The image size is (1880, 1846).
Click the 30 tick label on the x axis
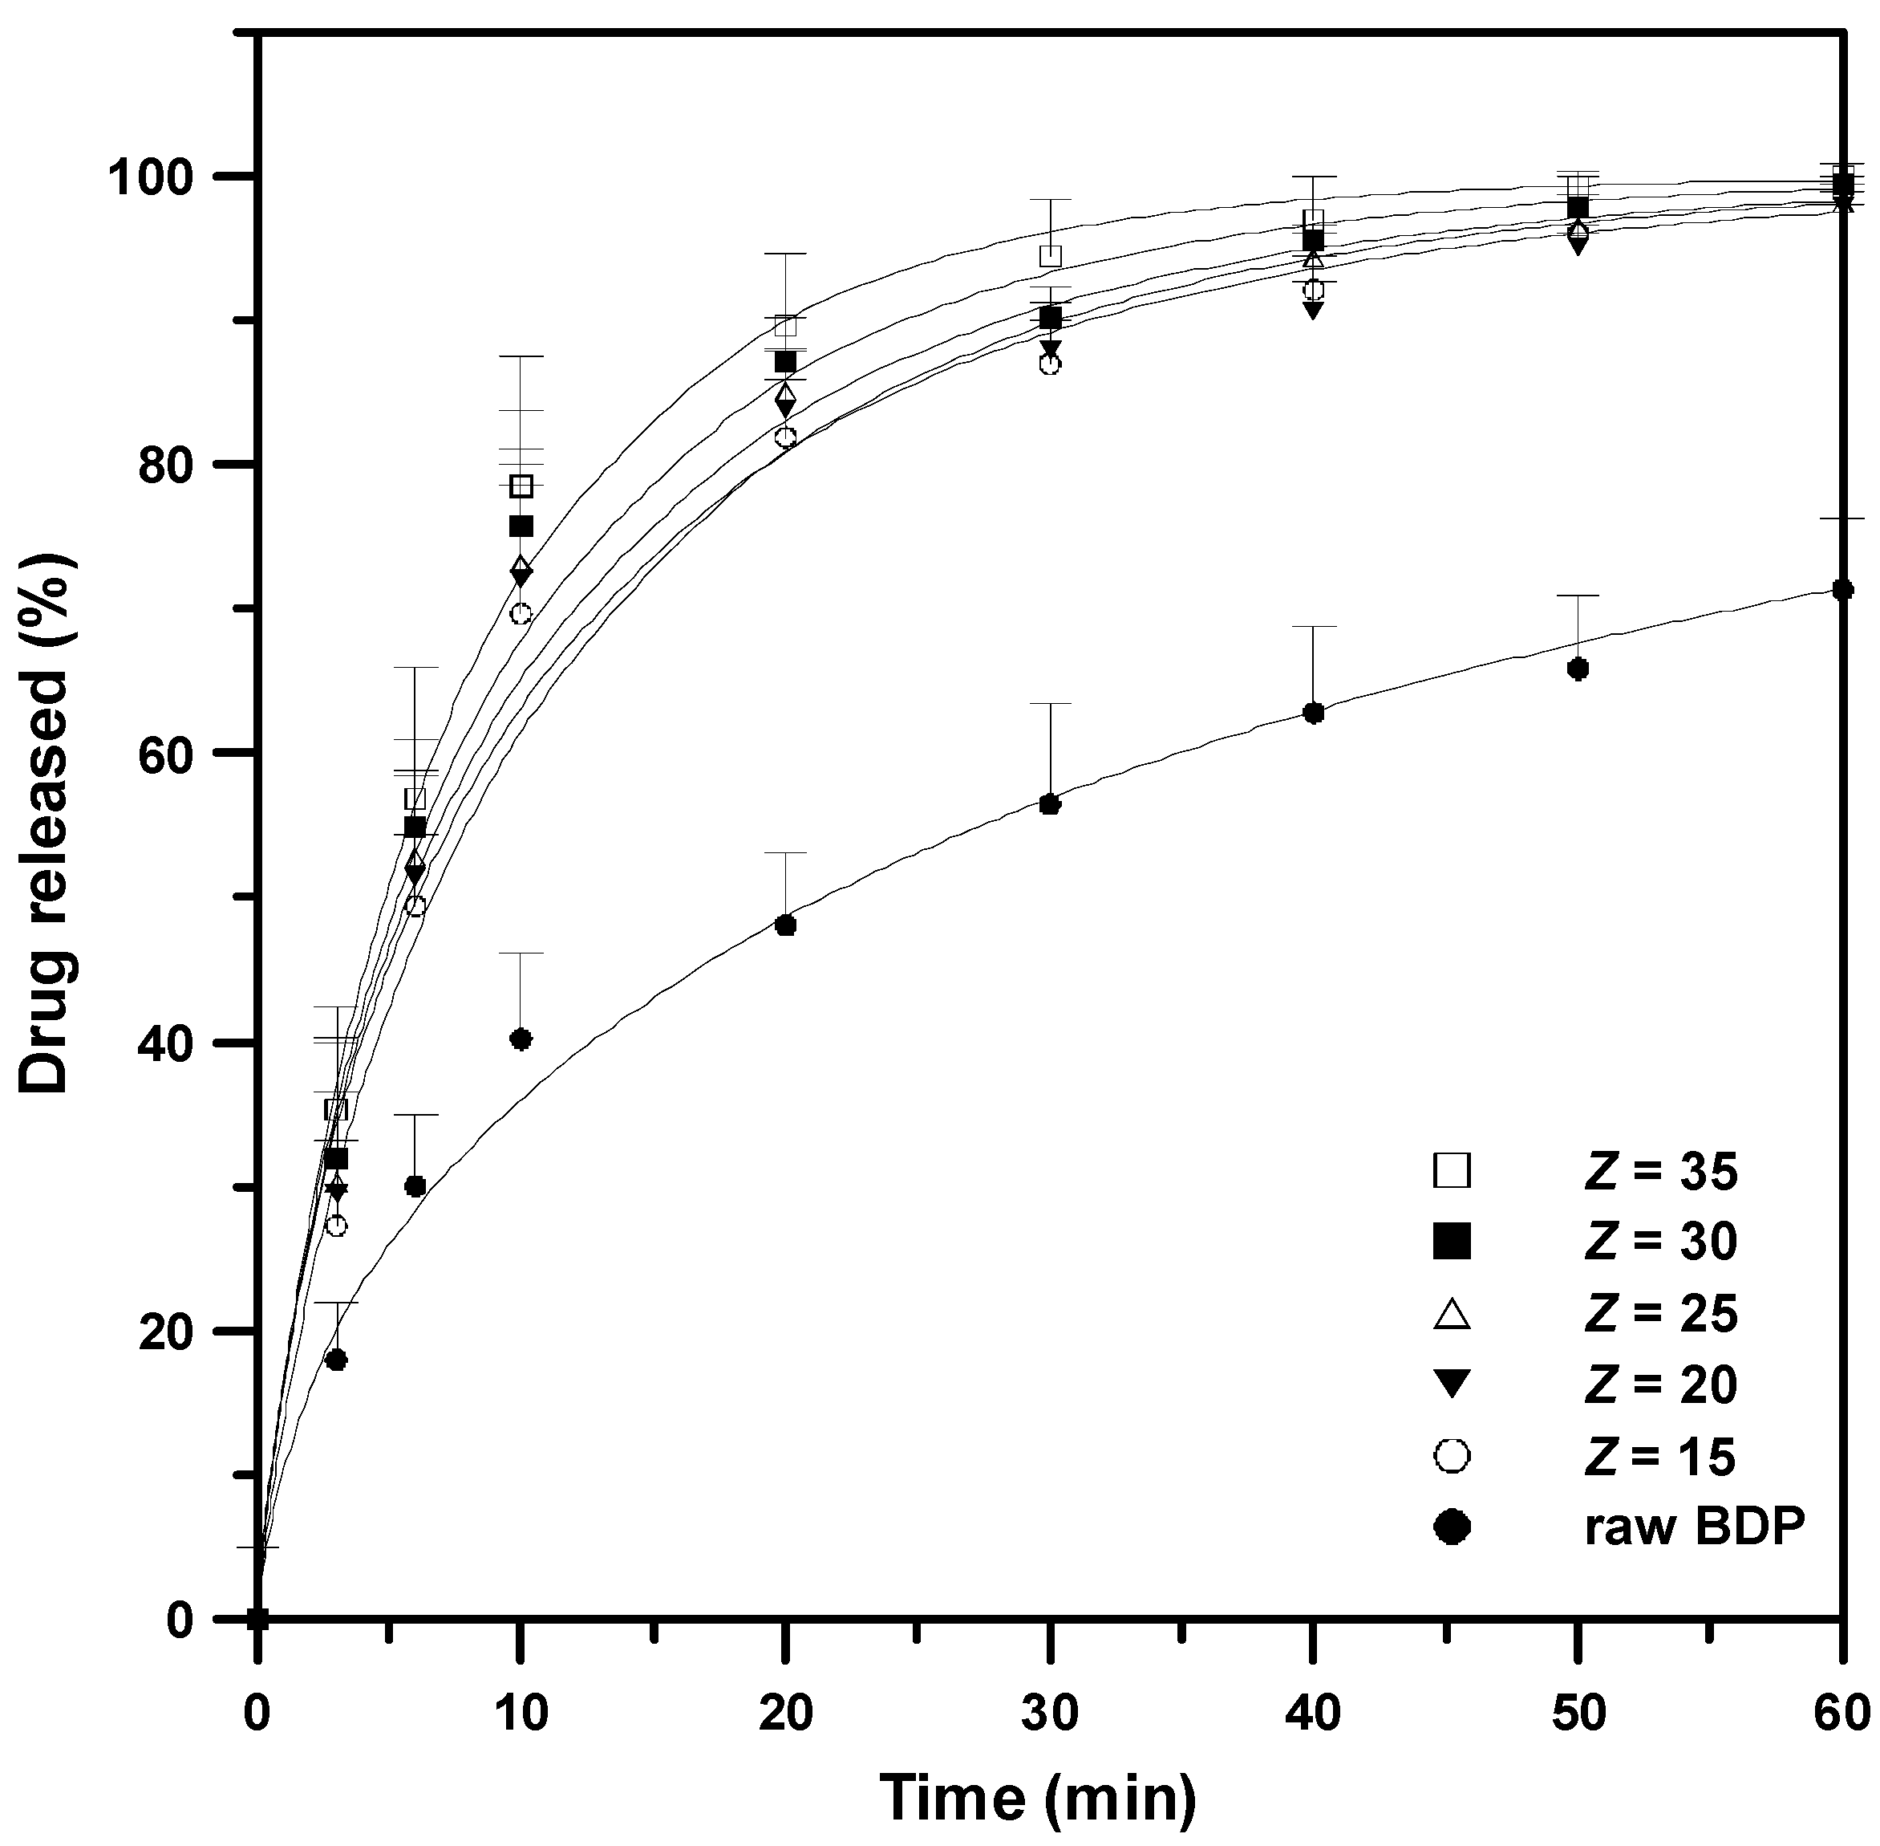coord(1050,1714)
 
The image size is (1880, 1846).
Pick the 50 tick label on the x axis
coord(1578,1714)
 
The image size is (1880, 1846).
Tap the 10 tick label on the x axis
coord(521,1714)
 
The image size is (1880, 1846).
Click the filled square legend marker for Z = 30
coord(1453,1242)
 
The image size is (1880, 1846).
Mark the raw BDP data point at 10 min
coord(521,1039)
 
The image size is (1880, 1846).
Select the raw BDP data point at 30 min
coord(1050,803)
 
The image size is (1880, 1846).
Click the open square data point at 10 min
coord(521,486)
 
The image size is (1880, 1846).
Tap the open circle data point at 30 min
coord(1050,364)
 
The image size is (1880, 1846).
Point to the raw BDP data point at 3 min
coord(336,1360)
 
